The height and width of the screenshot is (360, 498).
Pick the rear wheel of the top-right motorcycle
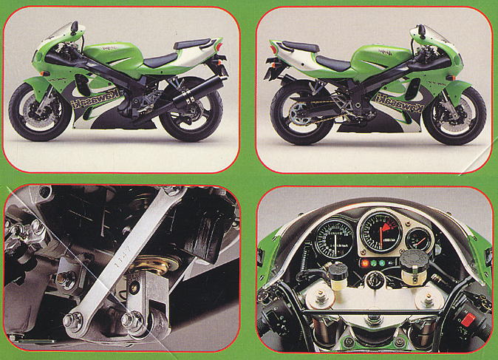[x=300, y=114]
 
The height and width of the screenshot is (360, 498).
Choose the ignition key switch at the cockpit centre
[x=373, y=281]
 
